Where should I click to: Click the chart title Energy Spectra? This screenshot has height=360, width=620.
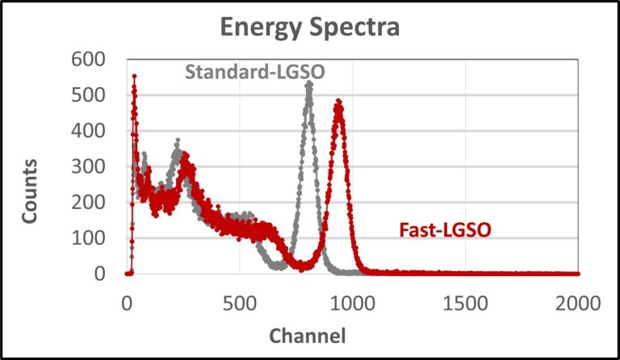pos(311,29)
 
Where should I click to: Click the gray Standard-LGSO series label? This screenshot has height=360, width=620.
pos(255,72)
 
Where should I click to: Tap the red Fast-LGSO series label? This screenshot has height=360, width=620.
pos(446,231)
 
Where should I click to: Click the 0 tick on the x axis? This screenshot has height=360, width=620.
pos(127,303)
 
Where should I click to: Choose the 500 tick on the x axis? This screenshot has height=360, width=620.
pos(239,303)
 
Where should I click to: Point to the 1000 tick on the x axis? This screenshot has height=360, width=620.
pos(352,303)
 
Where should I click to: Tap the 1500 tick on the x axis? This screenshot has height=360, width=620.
pos(465,303)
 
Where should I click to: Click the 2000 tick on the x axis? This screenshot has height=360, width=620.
pos(577,303)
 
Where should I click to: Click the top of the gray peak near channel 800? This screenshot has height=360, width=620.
pos(308,82)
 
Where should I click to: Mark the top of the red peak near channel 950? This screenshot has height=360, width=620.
pos(339,102)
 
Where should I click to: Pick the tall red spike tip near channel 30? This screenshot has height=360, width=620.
pos(134,76)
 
